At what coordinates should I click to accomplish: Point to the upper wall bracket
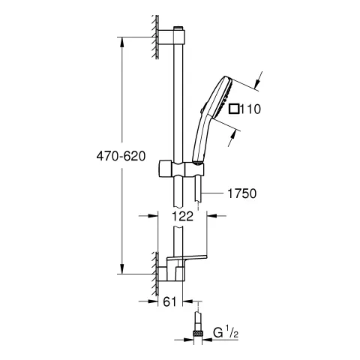point(172,32)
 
